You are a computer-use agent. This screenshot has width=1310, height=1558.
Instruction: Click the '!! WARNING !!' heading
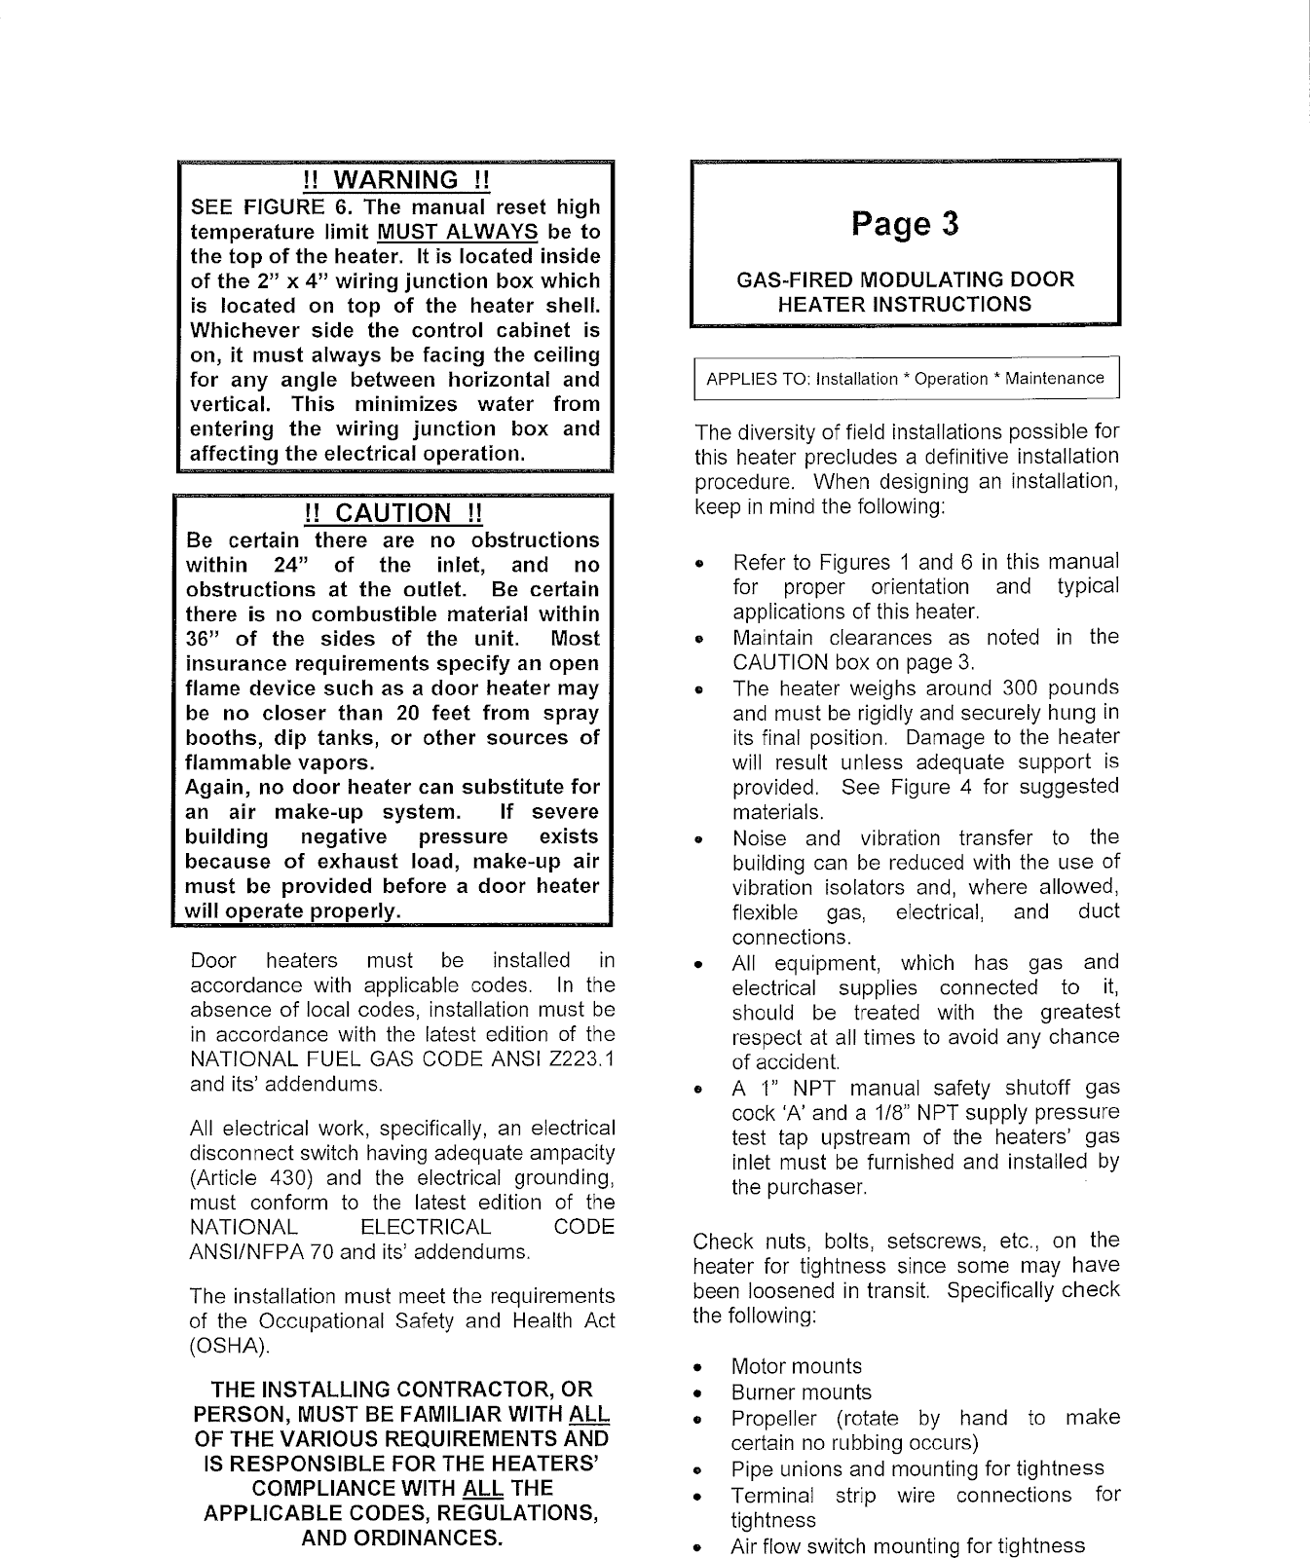click(394, 180)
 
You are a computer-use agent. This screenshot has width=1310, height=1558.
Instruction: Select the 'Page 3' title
click(905, 224)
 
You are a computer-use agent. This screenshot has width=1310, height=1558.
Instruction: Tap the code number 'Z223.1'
click(579, 1059)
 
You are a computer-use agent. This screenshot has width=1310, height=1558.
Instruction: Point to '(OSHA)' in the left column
click(228, 1346)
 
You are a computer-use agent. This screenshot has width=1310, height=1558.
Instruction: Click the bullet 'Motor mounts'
click(797, 1366)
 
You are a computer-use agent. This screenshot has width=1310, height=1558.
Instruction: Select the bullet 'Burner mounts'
click(802, 1392)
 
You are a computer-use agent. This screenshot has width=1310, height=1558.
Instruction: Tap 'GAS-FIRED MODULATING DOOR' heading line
click(905, 279)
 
